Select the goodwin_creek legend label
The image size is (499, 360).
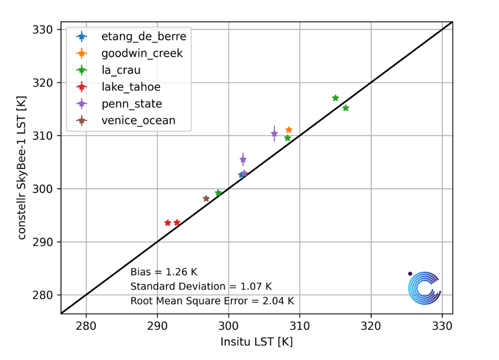point(142,53)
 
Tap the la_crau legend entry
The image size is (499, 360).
point(121,70)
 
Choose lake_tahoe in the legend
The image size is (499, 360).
point(131,87)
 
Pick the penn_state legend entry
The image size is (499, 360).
point(132,103)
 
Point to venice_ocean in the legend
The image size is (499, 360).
point(138,120)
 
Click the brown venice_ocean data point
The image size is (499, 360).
point(206,198)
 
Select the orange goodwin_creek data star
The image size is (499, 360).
point(289,130)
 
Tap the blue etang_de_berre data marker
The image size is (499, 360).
point(241,175)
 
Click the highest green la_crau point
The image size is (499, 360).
point(335,98)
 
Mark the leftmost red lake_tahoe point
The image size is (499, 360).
point(168,223)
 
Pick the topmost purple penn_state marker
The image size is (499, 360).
point(274,134)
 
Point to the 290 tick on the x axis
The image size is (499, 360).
point(157,325)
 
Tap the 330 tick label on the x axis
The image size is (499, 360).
point(442,325)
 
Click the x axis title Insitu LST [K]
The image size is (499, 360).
point(257,342)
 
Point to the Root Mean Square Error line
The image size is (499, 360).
point(212,301)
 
